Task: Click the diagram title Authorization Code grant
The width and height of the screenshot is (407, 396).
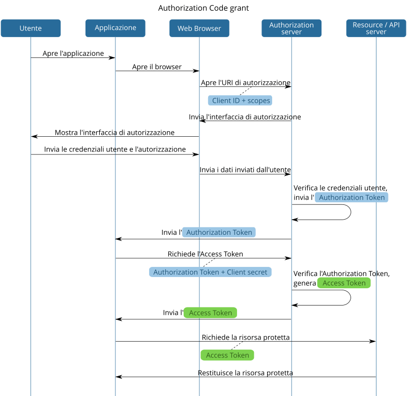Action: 203,8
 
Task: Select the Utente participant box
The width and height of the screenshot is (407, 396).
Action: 31,28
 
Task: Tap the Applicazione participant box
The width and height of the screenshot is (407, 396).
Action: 115,28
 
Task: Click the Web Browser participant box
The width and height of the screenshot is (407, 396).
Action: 199,28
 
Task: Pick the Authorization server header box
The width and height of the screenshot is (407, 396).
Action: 292,28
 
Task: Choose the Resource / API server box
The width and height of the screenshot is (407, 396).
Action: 376,28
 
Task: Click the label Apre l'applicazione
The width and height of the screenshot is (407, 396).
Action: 74,53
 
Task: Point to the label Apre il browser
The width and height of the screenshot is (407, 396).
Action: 157,67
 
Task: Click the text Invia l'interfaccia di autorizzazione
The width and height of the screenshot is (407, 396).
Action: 245,117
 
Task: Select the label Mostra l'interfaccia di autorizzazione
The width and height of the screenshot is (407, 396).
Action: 114,132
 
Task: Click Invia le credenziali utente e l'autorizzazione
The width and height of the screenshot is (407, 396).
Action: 114,149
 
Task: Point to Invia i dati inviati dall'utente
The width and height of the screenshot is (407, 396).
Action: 245,169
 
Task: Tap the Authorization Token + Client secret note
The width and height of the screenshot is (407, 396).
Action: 210,272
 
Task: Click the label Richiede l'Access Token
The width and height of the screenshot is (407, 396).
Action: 205,254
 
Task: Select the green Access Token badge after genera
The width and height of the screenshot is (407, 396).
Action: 344,283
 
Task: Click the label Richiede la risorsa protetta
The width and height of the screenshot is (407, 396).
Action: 246,337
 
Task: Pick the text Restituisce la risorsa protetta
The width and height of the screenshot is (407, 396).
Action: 245,373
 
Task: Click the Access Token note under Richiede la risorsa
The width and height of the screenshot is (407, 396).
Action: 227,355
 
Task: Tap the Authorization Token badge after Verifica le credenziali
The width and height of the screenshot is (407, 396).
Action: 352,197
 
